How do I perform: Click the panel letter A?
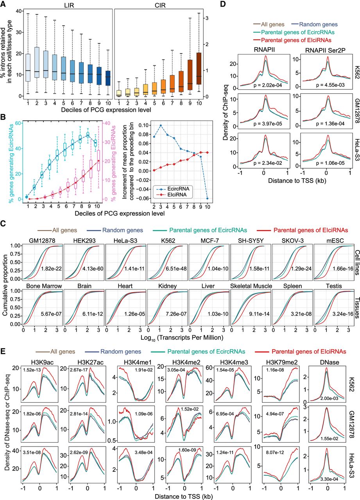tap(5, 4)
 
